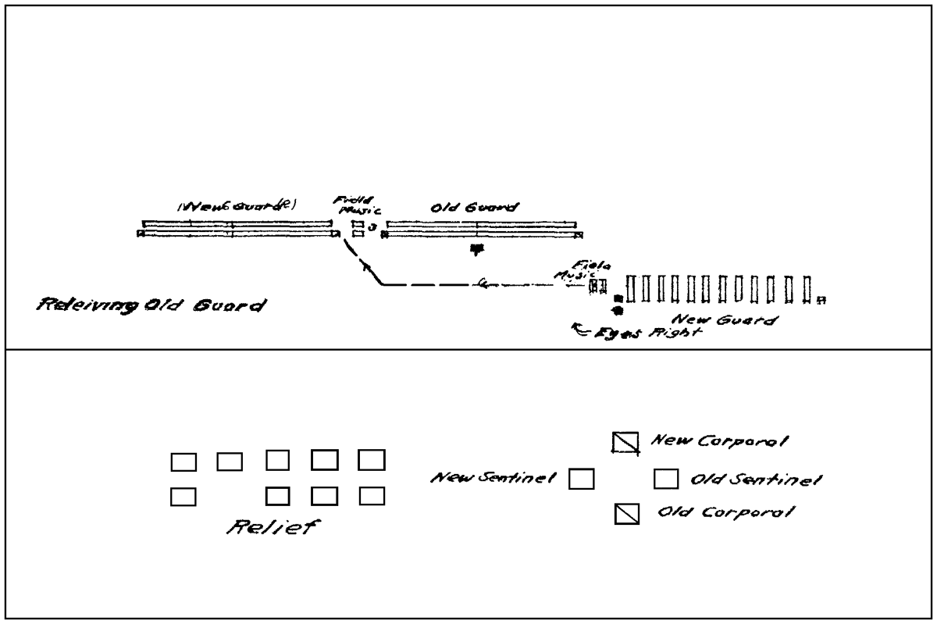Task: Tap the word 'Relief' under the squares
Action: [x=269, y=527]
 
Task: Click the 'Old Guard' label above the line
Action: [x=475, y=209]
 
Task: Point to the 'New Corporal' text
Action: [x=719, y=441]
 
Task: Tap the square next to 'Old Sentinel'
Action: [x=664, y=477]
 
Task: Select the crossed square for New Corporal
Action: [x=625, y=442]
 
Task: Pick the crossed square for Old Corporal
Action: [x=629, y=514]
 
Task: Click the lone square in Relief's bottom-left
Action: [x=183, y=496]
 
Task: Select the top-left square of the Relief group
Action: [x=183, y=462]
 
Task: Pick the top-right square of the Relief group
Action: [x=372, y=460]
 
